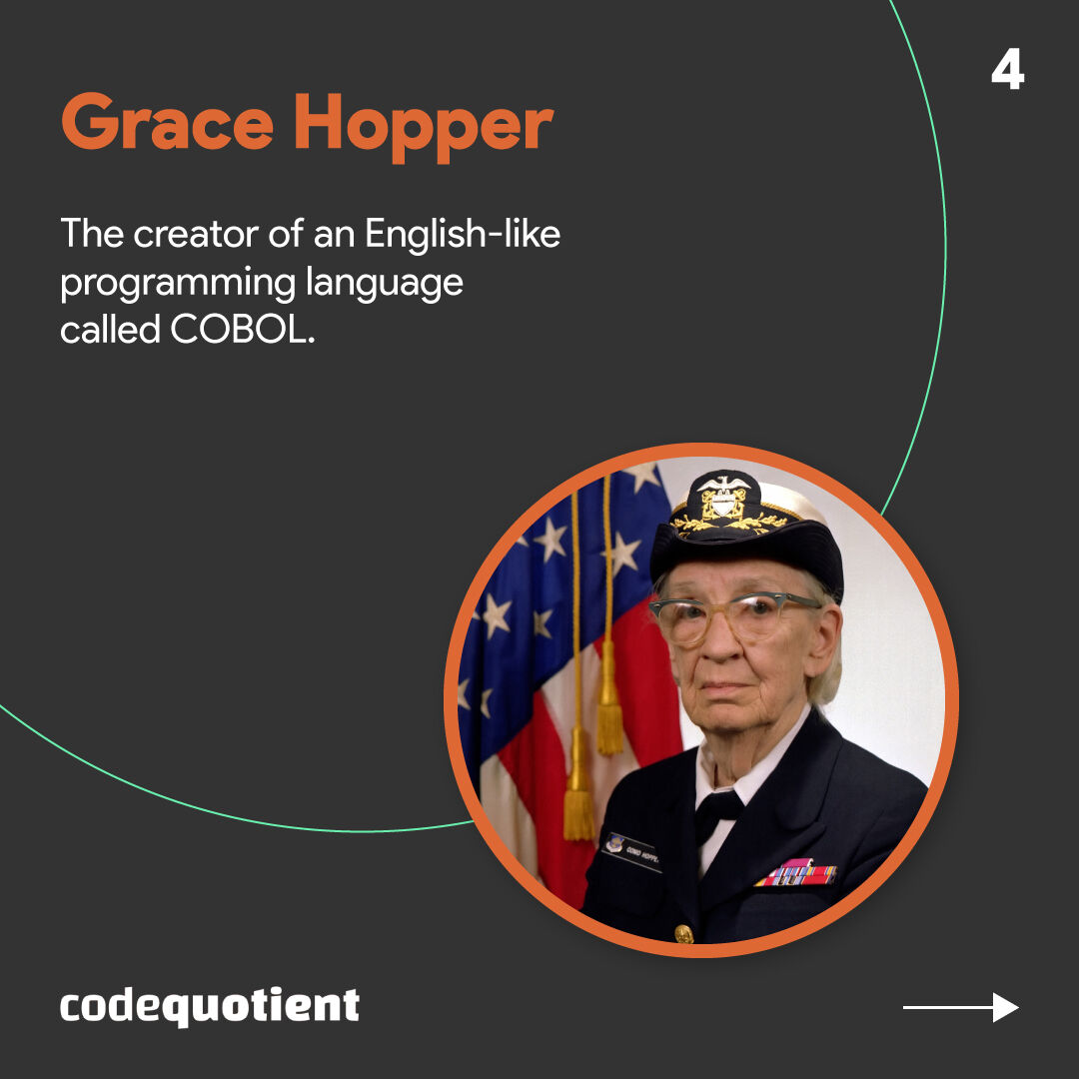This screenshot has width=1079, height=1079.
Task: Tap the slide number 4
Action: [x=1007, y=72]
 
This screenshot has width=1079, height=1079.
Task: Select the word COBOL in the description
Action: [x=242, y=330]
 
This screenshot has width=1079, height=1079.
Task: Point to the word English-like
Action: [x=462, y=234]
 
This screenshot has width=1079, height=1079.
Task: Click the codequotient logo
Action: [x=209, y=1005]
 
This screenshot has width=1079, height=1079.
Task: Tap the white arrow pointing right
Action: [x=960, y=1007]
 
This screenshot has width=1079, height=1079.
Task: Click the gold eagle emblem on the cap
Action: [x=723, y=497]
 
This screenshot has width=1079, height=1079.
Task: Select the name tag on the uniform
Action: [x=631, y=850]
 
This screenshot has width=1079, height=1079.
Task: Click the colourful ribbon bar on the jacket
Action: [x=796, y=873]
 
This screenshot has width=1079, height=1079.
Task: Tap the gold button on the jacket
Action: [x=684, y=933]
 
